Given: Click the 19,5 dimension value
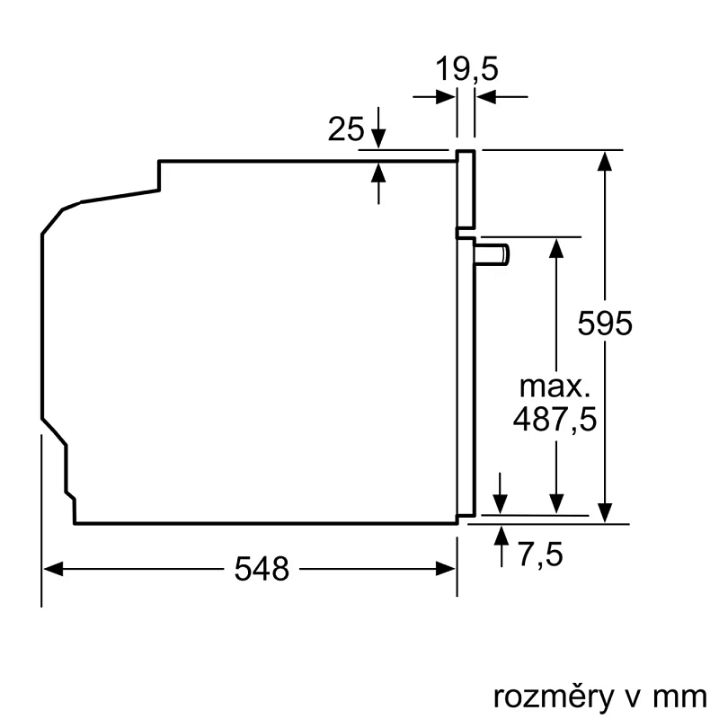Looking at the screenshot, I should [x=466, y=69].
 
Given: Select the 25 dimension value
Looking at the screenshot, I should [x=346, y=130].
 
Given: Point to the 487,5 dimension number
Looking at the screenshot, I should [x=555, y=420].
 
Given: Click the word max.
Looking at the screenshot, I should [x=555, y=387].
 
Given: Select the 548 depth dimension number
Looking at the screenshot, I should [x=262, y=568].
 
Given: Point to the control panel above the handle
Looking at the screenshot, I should [x=466, y=189].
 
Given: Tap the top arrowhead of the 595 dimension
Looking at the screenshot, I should [x=607, y=160].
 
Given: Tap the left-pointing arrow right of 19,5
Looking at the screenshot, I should [x=486, y=97].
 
